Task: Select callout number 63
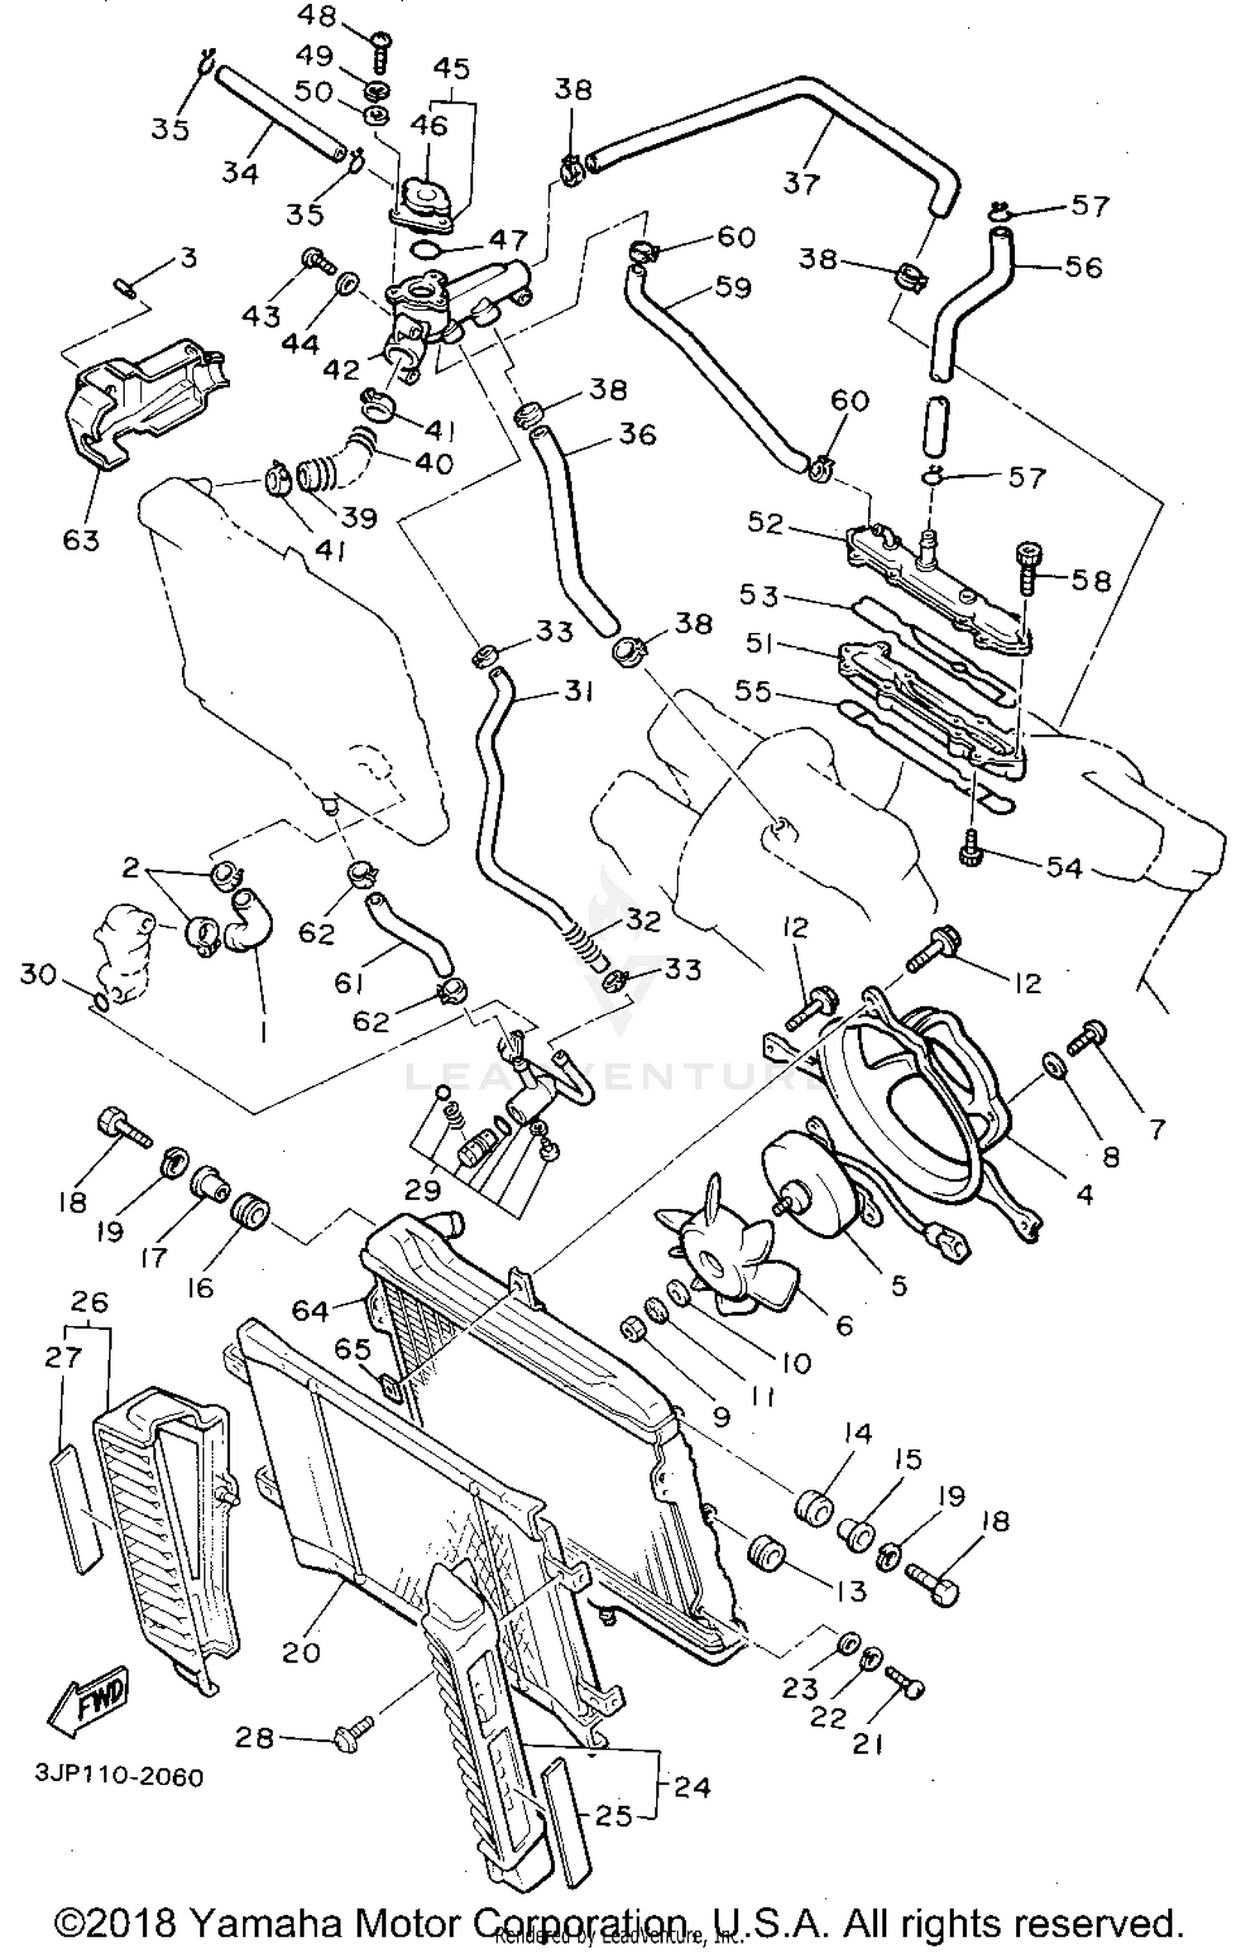(81, 540)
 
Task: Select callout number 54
(1064, 867)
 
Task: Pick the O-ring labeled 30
(99, 1002)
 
